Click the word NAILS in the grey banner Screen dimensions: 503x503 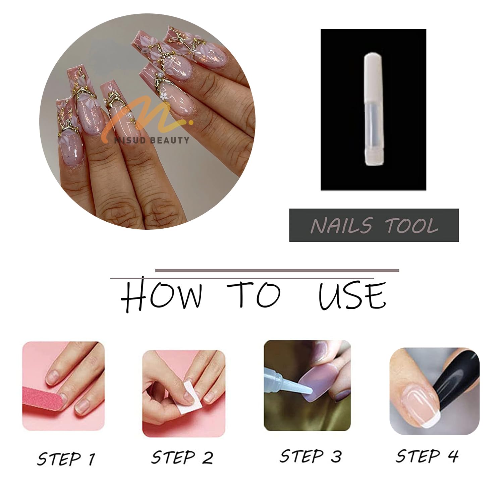(x=341, y=225)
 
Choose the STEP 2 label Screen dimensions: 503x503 (x=182, y=457)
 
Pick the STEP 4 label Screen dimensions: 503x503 (x=427, y=455)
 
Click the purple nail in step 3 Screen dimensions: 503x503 (x=315, y=383)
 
